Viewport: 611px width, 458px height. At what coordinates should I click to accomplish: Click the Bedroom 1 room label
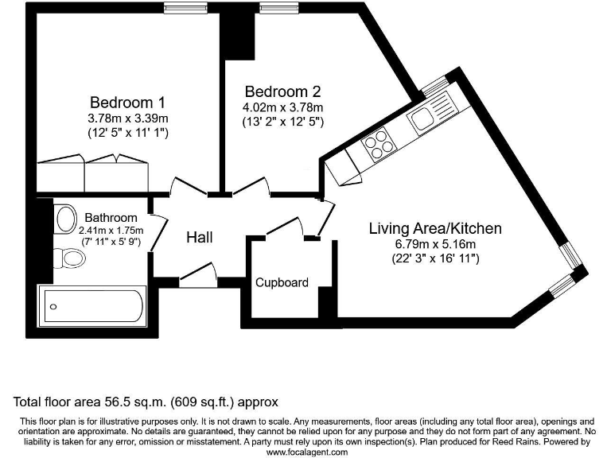coord(127,103)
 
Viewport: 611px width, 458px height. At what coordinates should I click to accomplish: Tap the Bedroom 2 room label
coord(283,91)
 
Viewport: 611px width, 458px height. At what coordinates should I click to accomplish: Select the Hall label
coord(200,237)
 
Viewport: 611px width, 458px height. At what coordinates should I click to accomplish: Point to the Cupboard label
coord(282,282)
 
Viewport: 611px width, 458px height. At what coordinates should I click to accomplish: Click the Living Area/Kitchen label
coord(435,228)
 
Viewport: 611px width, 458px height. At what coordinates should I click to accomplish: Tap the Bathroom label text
coord(111,217)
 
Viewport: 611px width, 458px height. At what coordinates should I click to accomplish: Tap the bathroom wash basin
coord(65,219)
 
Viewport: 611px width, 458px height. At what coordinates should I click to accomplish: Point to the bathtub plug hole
coord(53,307)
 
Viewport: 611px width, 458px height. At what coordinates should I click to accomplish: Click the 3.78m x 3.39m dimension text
coord(128,118)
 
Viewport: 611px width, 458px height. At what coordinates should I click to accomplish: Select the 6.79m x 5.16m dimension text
coord(435,244)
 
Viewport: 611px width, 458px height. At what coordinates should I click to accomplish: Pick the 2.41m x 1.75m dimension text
coord(111,231)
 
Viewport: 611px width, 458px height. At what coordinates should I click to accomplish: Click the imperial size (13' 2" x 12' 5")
coord(283,122)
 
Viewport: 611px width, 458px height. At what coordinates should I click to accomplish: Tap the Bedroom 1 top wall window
coord(185,8)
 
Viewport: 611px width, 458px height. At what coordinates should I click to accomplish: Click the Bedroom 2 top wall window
coord(271,8)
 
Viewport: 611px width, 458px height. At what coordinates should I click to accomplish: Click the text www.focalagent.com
coord(307,452)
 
